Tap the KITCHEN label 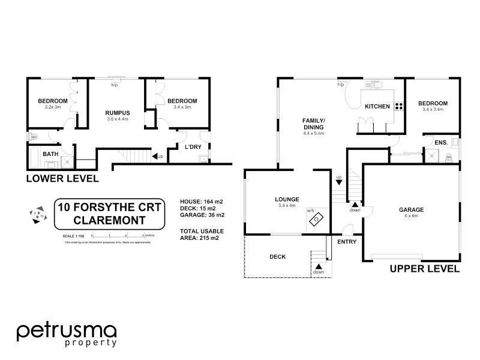[377, 107]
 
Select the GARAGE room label [412, 210]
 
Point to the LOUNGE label [287, 199]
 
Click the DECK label [277, 257]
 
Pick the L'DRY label [192, 147]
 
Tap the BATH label [50, 154]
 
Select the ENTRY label [347, 242]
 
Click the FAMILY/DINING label [313, 124]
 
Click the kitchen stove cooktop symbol [399, 107]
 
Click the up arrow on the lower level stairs [158, 157]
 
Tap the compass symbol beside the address [38, 214]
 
